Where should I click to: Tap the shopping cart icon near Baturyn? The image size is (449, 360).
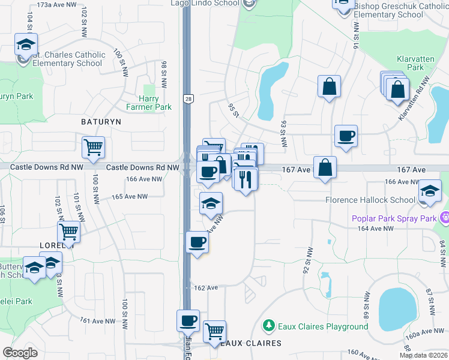tap(93, 147)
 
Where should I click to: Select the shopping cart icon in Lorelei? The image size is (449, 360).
tap(69, 232)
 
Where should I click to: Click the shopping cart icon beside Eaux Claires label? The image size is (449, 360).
tap(214, 331)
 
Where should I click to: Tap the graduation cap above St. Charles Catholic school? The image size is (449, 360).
tap(26, 44)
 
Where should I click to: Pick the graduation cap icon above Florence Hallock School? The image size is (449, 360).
tap(430, 191)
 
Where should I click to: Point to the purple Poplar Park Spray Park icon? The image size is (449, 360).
tap(444, 218)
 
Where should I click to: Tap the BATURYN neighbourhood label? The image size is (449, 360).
tap(101, 121)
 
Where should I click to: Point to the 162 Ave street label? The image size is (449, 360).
tap(205, 288)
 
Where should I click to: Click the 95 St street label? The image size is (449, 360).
tap(234, 110)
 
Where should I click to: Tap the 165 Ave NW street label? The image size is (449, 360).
tap(129, 196)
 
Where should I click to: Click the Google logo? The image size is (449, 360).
tap(20, 353)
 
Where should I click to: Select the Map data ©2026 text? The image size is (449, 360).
tap(423, 355)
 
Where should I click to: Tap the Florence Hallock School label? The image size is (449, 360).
tap(370, 200)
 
